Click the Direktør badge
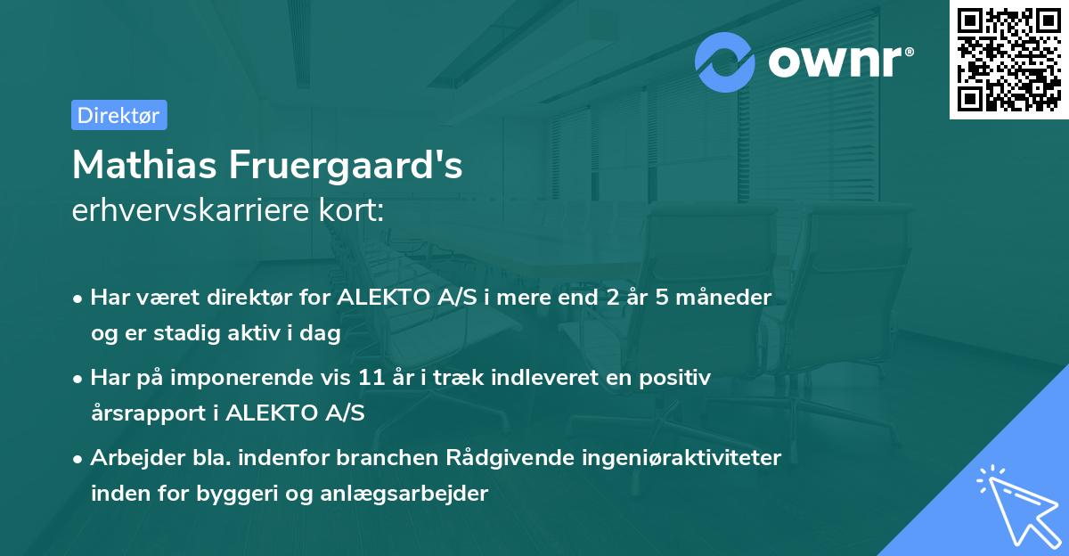118,115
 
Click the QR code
1008,59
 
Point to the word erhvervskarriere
194,211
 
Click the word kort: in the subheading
354,211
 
